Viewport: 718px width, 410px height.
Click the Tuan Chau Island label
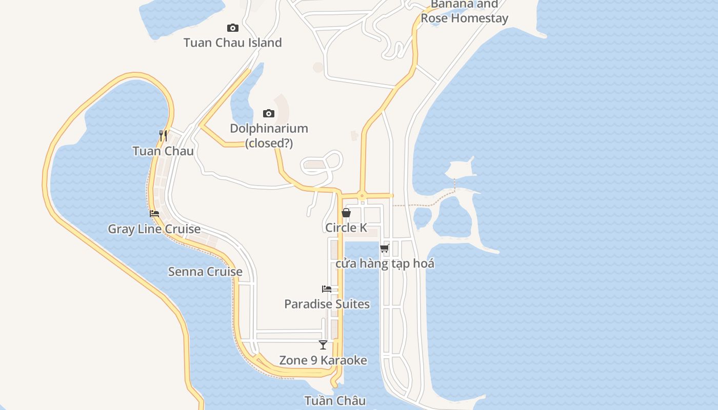pos(232,43)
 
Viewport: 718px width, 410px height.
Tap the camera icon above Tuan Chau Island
pos(233,28)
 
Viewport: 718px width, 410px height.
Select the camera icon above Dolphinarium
pos(269,113)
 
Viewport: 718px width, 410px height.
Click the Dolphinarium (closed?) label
pos(269,136)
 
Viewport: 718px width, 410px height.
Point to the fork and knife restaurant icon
pos(163,135)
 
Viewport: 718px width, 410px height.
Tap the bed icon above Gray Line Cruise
pos(154,214)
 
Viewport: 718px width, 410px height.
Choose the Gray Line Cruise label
pos(154,229)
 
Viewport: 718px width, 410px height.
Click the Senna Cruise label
pos(205,272)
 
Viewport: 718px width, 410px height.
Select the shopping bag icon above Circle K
pos(346,213)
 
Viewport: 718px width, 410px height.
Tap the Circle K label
pos(346,228)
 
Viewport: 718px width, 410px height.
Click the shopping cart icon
pos(384,249)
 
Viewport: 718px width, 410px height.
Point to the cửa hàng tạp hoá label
pos(385,264)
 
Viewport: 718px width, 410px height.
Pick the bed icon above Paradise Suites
pos(327,289)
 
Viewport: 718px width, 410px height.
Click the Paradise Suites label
pos(327,304)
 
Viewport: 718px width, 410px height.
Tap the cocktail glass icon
pos(323,345)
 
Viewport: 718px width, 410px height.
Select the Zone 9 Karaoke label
pos(323,360)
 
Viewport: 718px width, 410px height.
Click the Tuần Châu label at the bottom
pos(335,401)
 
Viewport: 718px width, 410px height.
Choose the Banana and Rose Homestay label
pos(464,12)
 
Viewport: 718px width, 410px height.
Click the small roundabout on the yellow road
pos(362,195)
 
